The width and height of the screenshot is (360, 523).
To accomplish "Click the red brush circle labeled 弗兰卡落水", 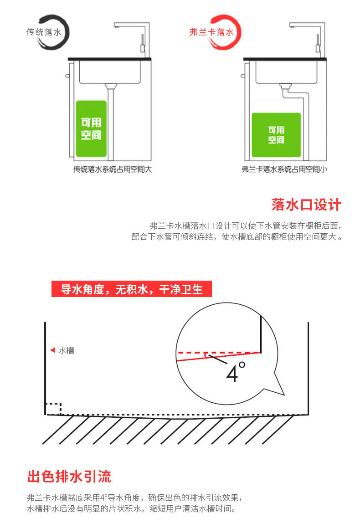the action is (216, 32).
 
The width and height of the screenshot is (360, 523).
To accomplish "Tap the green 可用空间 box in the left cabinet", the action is (91, 129).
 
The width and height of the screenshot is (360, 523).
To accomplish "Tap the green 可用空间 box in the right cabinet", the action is (276, 135).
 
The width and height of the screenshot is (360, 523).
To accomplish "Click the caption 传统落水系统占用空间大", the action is (113, 169).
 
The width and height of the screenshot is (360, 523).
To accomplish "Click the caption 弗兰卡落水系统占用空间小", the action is (284, 169).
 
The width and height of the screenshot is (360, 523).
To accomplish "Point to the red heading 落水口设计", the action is (306, 205).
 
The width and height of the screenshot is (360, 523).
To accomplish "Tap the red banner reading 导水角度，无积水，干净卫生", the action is (132, 289).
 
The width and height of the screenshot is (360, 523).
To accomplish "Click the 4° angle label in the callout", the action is (236, 372).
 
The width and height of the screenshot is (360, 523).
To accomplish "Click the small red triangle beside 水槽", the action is (52, 350).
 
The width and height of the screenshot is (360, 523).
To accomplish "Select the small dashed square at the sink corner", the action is (53, 408).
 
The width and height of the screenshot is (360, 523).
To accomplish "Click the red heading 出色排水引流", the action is (69, 477).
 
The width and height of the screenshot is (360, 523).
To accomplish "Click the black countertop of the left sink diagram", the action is (109, 59).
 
